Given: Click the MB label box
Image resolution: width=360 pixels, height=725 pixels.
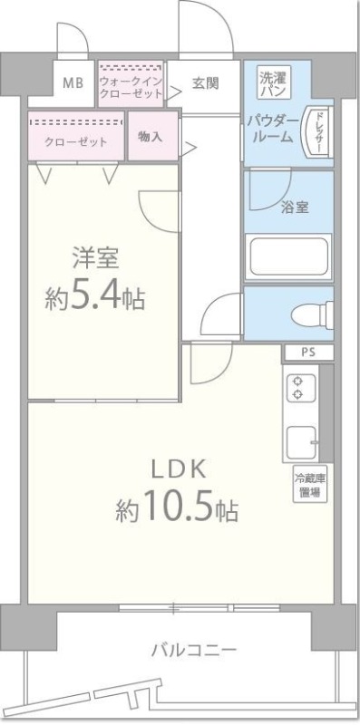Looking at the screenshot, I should pyautogui.click(x=72, y=83).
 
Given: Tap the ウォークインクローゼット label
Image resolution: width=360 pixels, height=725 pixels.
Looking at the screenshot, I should pyautogui.click(x=131, y=82).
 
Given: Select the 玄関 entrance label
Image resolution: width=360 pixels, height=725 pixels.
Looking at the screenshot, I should pyautogui.click(x=205, y=83).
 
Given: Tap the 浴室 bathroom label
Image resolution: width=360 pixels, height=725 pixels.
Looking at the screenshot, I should pyautogui.click(x=296, y=207).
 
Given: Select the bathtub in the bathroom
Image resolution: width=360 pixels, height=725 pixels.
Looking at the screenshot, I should pyautogui.click(x=287, y=256).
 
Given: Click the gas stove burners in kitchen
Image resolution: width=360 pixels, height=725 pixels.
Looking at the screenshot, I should pyautogui.click(x=297, y=389).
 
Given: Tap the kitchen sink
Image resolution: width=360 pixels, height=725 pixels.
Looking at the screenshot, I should pyautogui.click(x=300, y=441).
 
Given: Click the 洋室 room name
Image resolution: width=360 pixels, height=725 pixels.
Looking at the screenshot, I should pyautogui.click(x=95, y=257).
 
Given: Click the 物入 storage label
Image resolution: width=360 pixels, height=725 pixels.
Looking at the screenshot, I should pyautogui.click(x=151, y=136).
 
